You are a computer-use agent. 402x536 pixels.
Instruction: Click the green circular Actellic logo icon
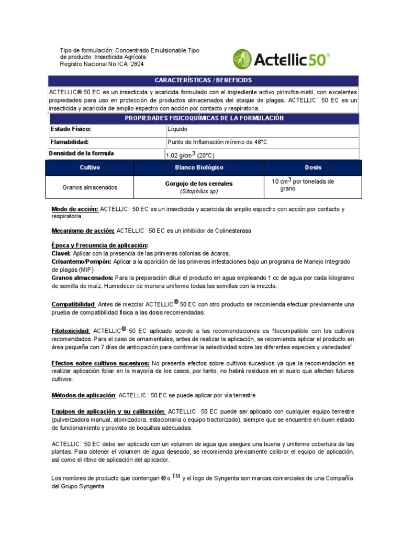tap(242, 59)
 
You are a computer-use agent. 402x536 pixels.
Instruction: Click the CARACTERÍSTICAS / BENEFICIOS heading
tap(203, 80)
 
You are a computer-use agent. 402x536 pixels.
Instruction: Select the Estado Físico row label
tap(71, 129)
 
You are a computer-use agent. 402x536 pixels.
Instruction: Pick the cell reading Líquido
tap(177, 129)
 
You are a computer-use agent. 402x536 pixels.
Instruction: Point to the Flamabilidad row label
tap(70, 142)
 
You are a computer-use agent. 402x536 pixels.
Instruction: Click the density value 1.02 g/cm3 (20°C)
tap(189, 155)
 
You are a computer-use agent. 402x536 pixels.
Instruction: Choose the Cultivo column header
tap(90, 167)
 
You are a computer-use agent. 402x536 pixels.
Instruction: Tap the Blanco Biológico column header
tap(199, 167)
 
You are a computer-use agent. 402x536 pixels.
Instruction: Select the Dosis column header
tap(313, 167)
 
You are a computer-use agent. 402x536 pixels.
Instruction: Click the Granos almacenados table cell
tap(90, 187)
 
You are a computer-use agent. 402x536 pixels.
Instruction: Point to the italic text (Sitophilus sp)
tap(199, 192)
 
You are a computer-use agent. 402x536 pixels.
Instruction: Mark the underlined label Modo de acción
tap(75, 209)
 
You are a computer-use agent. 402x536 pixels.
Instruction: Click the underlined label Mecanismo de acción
tap(83, 230)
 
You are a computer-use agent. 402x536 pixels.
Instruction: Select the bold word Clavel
tap(61, 253)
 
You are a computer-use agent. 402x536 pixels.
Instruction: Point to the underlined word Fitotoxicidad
tap(71, 331)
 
